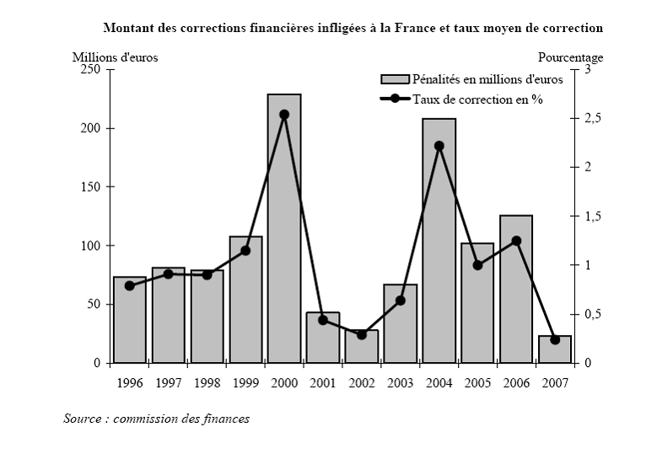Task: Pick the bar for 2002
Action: (362, 347)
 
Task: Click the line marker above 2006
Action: (516, 241)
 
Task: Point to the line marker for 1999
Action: (245, 251)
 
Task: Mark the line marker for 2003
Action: (401, 300)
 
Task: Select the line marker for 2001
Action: (323, 320)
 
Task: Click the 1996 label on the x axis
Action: (129, 382)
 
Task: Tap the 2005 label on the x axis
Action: (477, 382)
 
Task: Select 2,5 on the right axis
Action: (591, 119)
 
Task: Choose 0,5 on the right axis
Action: (591, 315)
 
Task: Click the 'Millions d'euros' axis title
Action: (115, 57)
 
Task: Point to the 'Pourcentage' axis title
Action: (571, 57)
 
